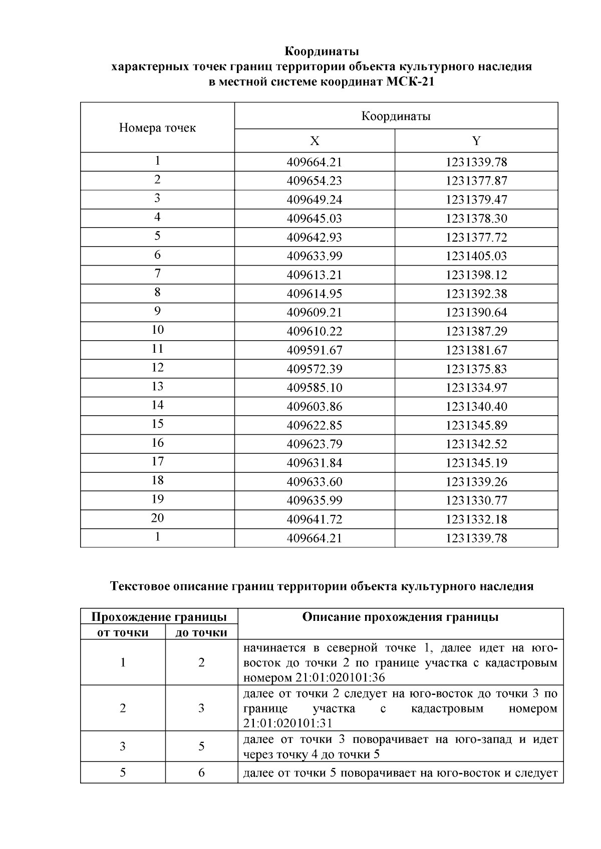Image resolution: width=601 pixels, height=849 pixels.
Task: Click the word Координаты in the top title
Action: [x=322, y=52]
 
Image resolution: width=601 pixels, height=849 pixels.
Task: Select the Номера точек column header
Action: [x=157, y=128]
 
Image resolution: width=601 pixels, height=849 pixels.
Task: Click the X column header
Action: [x=315, y=141]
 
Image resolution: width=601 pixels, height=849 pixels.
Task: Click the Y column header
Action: [x=476, y=141]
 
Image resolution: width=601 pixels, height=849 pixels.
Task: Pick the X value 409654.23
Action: [x=315, y=181]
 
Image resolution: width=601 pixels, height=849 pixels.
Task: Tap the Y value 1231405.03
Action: [x=476, y=256]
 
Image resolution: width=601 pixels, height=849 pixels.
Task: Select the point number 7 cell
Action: [x=157, y=274]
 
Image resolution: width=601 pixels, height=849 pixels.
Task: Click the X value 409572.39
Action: [x=315, y=369]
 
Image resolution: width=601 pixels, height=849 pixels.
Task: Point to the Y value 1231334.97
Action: [x=476, y=388]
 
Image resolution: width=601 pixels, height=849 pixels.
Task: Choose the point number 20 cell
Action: [x=157, y=518]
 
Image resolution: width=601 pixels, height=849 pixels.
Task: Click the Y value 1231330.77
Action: [x=476, y=501]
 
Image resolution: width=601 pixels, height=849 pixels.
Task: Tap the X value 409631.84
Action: [x=315, y=463]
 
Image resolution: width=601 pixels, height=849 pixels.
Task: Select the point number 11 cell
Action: [x=157, y=349]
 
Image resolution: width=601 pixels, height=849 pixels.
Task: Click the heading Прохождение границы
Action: [x=159, y=617]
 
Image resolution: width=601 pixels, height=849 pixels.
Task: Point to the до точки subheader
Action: [x=201, y=633]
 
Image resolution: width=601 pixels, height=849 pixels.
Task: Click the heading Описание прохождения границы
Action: [x=400, y=617]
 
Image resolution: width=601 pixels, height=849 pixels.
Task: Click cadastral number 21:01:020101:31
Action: [x=287, y=723]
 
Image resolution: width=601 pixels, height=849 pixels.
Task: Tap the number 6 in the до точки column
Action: [x=201, y=773]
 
